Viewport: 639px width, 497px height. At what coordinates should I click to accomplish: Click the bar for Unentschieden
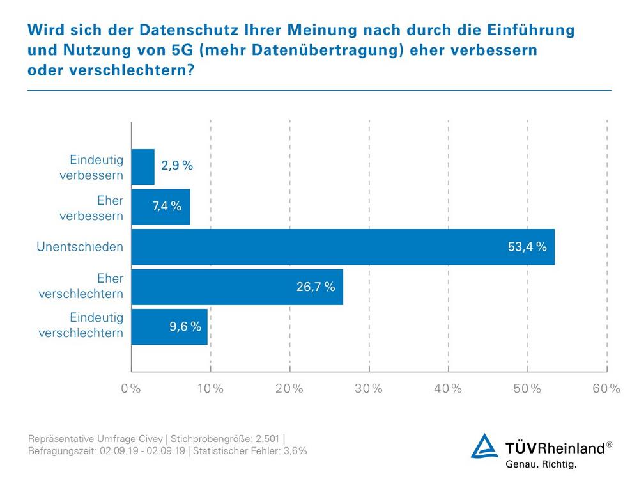pyautogui.click(x=343, y=247)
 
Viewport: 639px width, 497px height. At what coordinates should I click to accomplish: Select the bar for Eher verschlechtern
pyautogui.click(x=237, y=287)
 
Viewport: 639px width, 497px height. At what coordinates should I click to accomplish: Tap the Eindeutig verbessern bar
pyautogui.click(x=143, y=167)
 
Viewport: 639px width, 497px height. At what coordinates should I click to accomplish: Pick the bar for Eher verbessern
pyautogui.click(x=160, y=207)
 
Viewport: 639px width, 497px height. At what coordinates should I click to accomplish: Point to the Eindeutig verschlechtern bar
pyautogui.click(x=169, y=326)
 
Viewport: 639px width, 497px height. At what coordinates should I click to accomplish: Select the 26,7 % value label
pyautogui.click(x=315, y=287)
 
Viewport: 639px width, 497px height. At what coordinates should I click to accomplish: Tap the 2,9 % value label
pyautogui.click(x=176, y=166)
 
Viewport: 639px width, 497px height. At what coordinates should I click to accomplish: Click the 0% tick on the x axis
pyautogui.click(x=131, y=389)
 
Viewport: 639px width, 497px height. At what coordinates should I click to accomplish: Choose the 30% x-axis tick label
pyautogui.click(x=369, y=389)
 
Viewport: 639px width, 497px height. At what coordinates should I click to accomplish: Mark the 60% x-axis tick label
pyautogui.click(x=606, y=389)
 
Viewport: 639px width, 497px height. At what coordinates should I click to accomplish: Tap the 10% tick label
pyautogui.click(x=210, y=389)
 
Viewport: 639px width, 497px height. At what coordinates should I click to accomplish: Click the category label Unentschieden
pyautogui.click(x=80, y=247)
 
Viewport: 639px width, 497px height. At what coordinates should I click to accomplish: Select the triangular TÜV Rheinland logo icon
pyautogui.click(x=484, y=446)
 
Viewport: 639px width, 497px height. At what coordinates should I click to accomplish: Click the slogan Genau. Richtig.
pyautogui.click(x=541, y=465)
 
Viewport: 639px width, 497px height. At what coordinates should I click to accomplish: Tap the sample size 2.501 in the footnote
pyautogui.click(x=267, y=438)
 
